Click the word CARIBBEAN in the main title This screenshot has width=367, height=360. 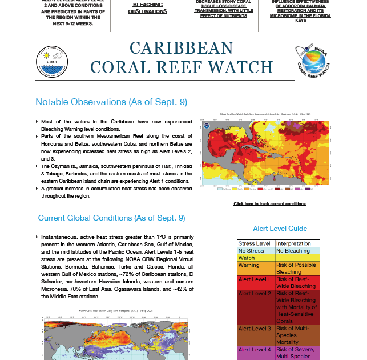[182, 48]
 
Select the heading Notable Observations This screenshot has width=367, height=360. [111, 102]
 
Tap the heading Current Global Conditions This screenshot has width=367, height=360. [111, 218]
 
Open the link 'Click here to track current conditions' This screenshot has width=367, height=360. [269, 203]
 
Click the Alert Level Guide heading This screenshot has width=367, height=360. [280, 229]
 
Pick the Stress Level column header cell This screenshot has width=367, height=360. [255, 243]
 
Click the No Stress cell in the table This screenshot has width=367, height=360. [255, 251]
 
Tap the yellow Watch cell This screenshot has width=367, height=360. [255, 258]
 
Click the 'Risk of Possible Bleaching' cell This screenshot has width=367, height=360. [297, 269]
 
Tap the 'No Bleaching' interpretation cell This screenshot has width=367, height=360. [297, 251]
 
